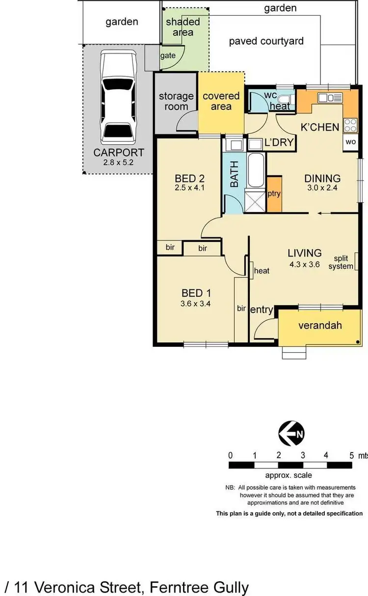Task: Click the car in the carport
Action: tap(118, 97)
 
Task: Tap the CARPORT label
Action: tap(119, 153)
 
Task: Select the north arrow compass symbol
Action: tap(291, 433)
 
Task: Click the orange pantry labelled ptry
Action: tap(274, 193)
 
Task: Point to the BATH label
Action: tap(235, 174)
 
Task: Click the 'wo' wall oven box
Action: tap(350, 141)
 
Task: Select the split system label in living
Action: tap(343, 262)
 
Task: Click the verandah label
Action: tap(320, 325)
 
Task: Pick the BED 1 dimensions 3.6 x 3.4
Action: tap(196, 304)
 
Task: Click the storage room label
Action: tap(176, 101)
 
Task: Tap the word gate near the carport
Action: tap(168, 55)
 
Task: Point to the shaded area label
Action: tap(183, 27)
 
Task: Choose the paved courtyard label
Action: tap(266, 41)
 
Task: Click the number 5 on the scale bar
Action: tap(351, 455)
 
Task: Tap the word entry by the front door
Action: tap(262, 310)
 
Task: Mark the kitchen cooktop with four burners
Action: tap(350, 125)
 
